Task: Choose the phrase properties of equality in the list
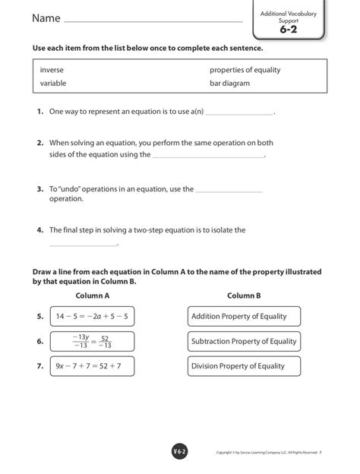[245, 70]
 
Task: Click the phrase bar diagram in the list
[229, 84]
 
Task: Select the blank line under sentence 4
[84, 245]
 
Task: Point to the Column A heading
[93, 295]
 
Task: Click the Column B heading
[244, 295]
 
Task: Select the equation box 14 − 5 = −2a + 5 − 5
[92, 316]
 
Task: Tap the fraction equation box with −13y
[91, 341]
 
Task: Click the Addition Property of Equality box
[243, 316]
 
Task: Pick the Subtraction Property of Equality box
[243, 341]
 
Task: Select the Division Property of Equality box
[243, 366]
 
